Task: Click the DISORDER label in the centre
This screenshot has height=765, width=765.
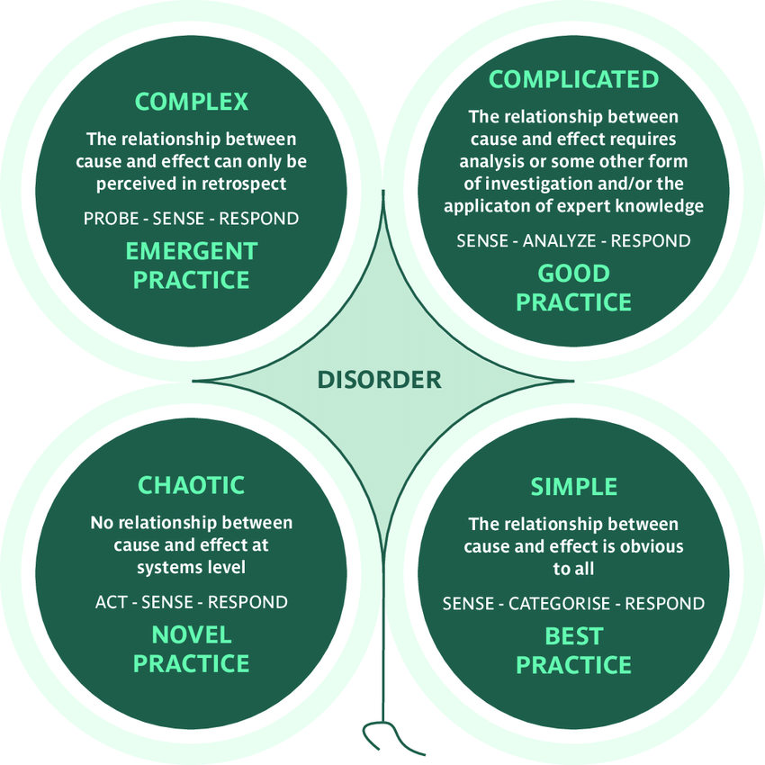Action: (379, 380)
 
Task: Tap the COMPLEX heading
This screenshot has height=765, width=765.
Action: (191, 101)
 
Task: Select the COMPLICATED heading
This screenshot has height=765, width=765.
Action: (573, 79)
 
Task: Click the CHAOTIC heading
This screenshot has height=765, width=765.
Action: (191, 485)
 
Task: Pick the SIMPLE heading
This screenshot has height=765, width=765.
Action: (573, 487)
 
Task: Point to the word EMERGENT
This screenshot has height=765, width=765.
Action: (191, 250)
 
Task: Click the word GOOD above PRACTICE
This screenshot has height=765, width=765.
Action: (573, 273)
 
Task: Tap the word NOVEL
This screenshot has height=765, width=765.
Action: (191, 634)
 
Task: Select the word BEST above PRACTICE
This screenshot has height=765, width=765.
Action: (573, 636)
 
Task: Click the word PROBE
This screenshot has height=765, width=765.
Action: (112, 219)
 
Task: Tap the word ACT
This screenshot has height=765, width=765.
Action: (110, 601)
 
